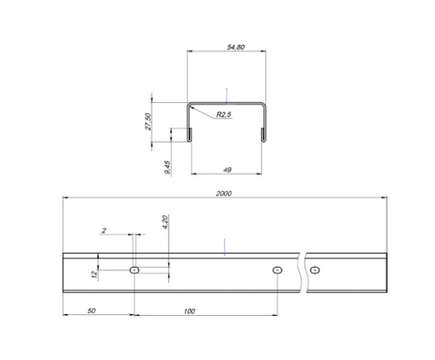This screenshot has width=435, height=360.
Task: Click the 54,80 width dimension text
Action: pyautogui.click(x=235, y=47)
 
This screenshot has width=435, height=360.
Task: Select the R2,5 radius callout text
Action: pyautogui.click(x=223, y=114)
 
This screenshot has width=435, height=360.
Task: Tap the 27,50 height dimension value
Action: pyautogui.click(x=148, y=121)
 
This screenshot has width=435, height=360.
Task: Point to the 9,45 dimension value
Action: pyautogui.click(x=167, y=167)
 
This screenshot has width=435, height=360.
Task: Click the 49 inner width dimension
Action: pyautogui.click(x=227, y=169)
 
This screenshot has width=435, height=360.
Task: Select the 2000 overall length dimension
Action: pyautogui.click(x=224, y=193)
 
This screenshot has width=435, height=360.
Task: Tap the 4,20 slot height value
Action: pyautogui.click(x=165, y=222)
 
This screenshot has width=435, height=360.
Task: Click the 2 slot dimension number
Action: pyautogui.click(x=103, y=230)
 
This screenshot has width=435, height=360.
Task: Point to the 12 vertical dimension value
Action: pyautogui.click(x=94, y=274)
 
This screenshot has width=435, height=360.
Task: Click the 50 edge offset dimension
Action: pyautogui.click(x=91, y=311)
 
